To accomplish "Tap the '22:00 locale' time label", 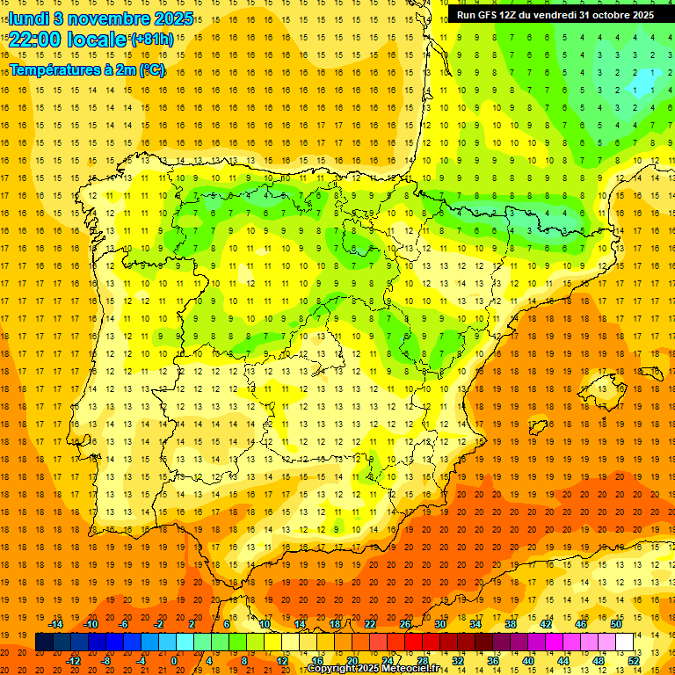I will click(x=68, y=39).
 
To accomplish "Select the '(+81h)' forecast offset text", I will click(x=152, y=39).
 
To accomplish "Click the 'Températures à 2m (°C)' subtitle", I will click(x=87, y=69).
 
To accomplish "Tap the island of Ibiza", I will click(x=538, y=427).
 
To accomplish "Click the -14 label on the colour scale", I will click(x=56, y=624).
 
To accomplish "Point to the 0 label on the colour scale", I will click(x=175, y=661).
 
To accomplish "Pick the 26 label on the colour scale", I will click(x=405, y=624).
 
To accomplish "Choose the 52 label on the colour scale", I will click(x=634, y=661).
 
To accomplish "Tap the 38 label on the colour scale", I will click(x=511, y=624).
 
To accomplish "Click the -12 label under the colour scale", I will click(x=74, y=661).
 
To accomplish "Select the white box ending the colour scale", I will click(x=624, y=642).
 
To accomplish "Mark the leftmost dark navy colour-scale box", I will click(x=44, y=642).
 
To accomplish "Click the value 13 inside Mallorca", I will click(x=599, y=388).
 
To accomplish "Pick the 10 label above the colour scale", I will click(x=265, y=624).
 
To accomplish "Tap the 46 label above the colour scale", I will click(x=581, y=624).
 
